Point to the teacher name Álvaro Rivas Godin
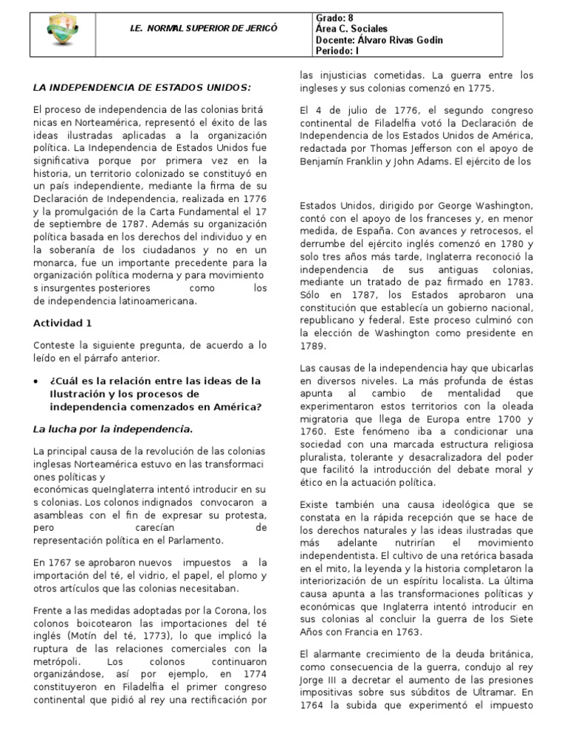[399, 40]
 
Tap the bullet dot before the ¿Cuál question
[37, 381]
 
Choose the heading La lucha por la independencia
[113, 428]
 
